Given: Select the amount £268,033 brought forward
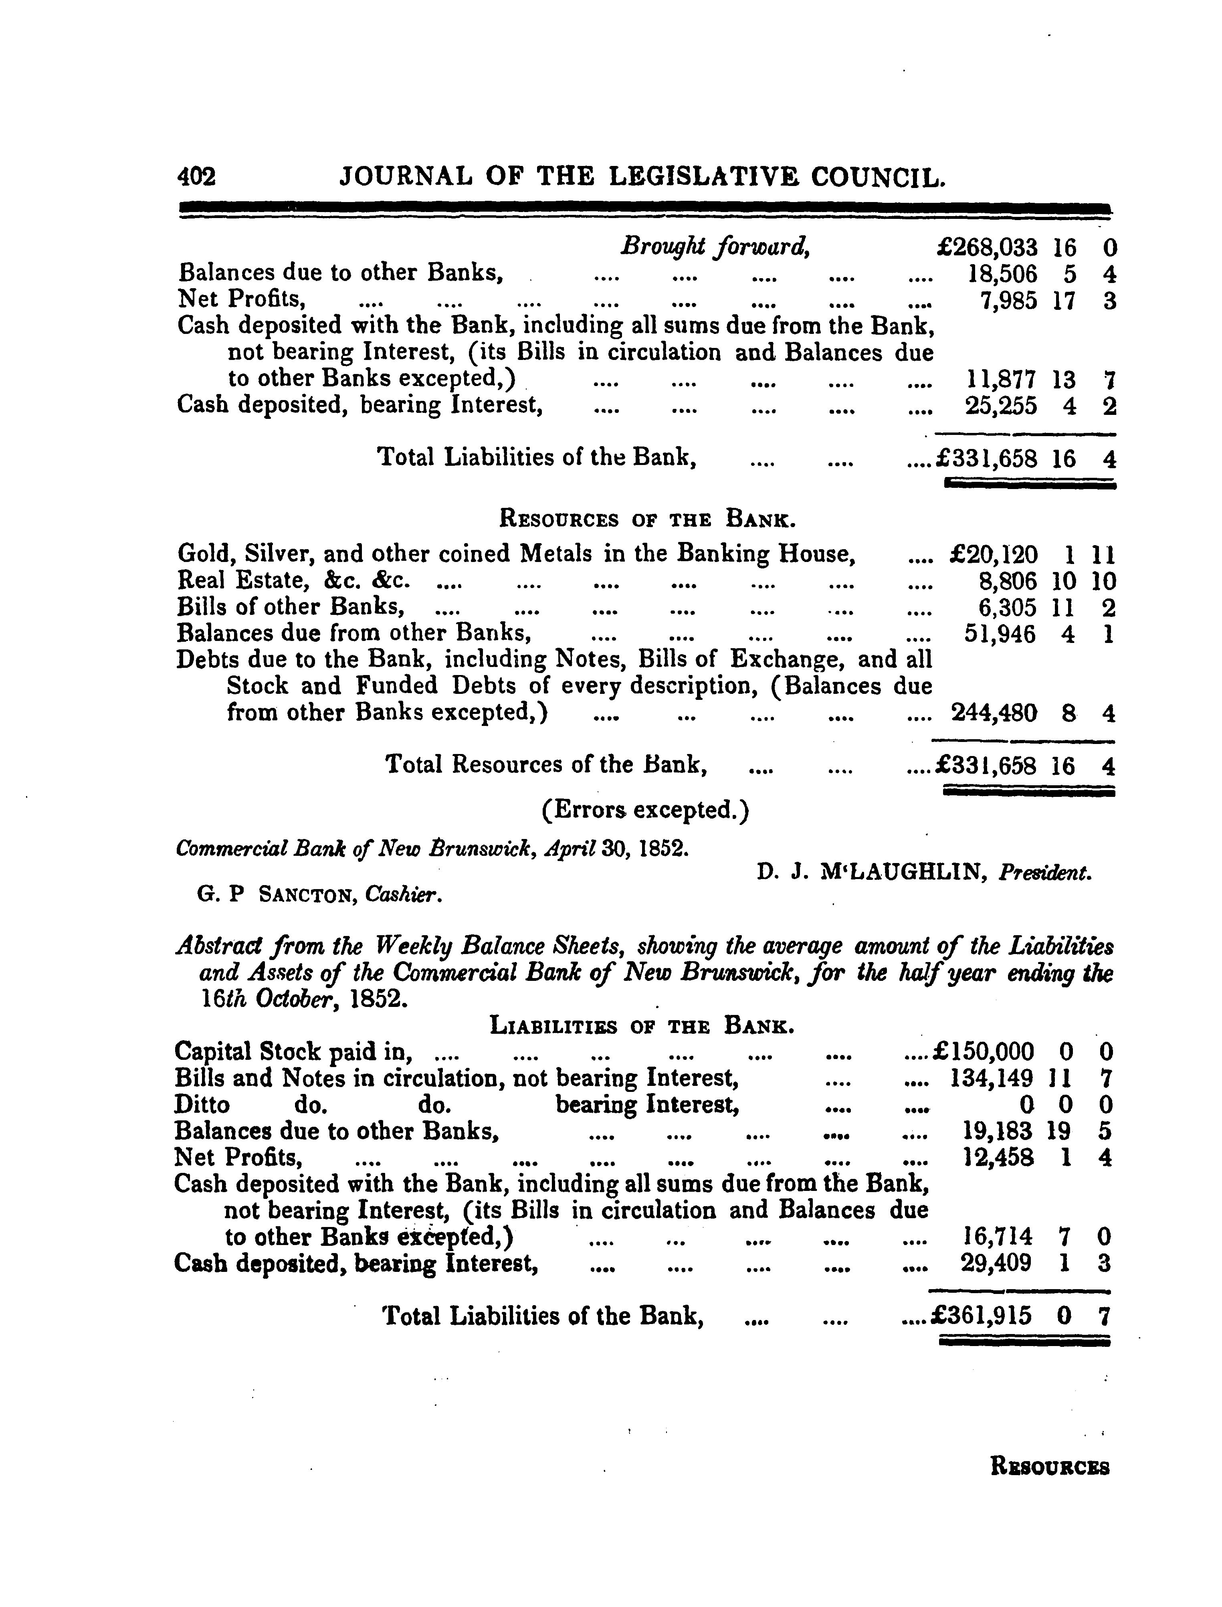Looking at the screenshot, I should [x=987, y=249].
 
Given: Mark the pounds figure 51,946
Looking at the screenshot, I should [x=1000, y=635].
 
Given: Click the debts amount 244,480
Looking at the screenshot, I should [x=994, y=713].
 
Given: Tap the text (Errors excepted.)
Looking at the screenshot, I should [x=645, y=810].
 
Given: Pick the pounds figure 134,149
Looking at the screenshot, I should [x=991, y=1078].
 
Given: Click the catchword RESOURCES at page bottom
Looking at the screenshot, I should [x=1050, y=1468].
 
